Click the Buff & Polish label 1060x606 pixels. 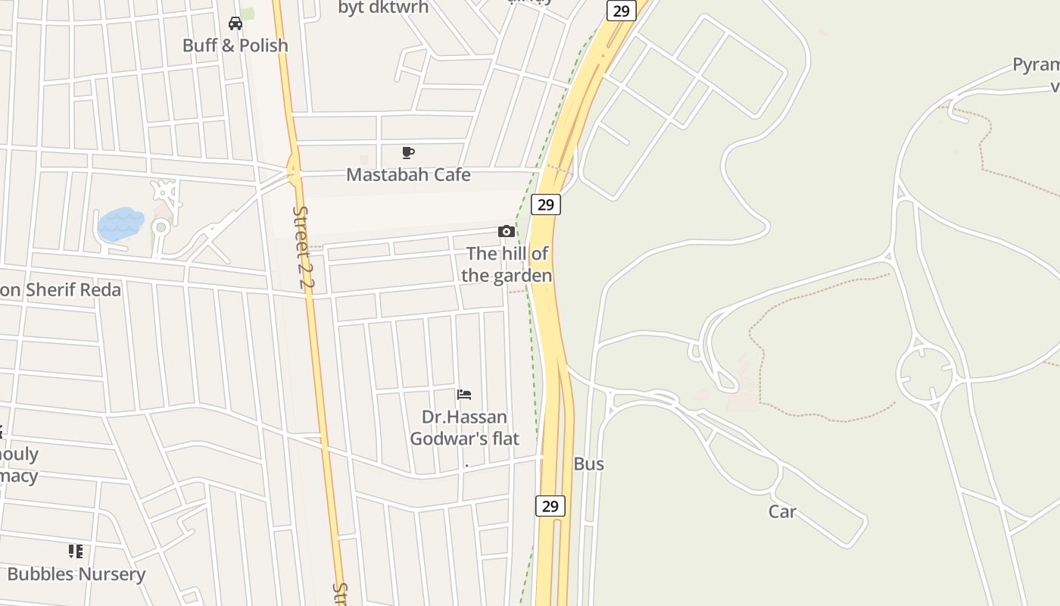235,45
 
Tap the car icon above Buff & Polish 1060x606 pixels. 235,23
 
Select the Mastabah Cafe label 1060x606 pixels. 408,175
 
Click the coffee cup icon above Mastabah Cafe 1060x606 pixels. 408,153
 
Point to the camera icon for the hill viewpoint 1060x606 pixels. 507,231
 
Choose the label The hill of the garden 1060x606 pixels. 507,264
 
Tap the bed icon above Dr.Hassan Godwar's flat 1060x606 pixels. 464,395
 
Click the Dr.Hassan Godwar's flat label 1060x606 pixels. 464,427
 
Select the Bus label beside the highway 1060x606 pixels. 588,464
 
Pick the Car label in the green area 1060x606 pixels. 782,511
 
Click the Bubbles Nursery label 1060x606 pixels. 76,574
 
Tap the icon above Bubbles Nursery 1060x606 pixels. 76,551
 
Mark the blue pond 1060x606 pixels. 120,224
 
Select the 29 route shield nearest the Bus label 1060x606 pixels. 550,506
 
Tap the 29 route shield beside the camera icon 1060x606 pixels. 545,204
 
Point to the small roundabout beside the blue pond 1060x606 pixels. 160,227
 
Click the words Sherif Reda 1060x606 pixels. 73,290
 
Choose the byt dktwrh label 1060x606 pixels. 383,8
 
